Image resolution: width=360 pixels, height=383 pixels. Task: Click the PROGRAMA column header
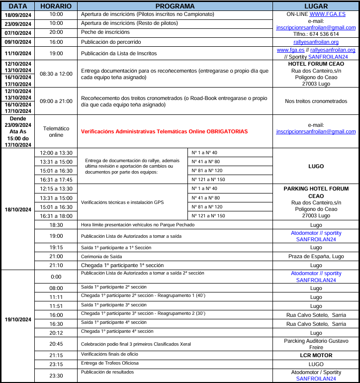point(175,6)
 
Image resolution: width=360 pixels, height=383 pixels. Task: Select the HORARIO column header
point(56,6)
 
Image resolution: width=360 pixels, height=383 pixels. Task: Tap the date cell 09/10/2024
point(18,42)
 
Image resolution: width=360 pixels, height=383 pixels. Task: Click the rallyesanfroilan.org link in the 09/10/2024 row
point(316,42)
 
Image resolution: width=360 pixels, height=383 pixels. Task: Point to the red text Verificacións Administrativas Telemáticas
point(164,131)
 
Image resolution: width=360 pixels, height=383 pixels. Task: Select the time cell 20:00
point(56,32)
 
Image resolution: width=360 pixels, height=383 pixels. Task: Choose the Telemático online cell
point(56,131)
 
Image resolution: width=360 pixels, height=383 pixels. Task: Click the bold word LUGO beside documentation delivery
point(316,166)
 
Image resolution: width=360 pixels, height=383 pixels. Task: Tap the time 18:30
point(56,225)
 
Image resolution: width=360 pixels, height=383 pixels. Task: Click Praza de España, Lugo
point(316,256)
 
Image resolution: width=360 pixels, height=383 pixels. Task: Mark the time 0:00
point(56,277)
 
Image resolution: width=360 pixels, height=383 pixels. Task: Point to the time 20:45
point(56,344)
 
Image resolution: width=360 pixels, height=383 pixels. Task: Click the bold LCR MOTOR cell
point(316,355)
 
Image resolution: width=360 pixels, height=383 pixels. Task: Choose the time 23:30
point(56,376)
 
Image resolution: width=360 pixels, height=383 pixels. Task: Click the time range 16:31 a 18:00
point(56,216)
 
